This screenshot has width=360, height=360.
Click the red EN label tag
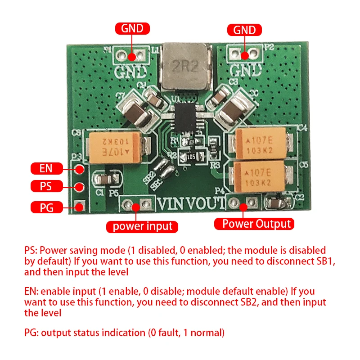46,169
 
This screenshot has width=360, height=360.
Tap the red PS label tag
46,186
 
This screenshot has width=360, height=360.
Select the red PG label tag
46,207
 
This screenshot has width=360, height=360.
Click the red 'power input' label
142,226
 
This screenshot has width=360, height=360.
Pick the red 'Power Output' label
256,223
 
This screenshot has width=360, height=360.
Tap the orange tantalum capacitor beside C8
116,147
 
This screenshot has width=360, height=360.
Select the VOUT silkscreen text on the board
208,203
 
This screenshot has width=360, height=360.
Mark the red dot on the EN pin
80,170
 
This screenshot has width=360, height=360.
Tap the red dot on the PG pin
80,207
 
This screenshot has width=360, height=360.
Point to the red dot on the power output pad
244,207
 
